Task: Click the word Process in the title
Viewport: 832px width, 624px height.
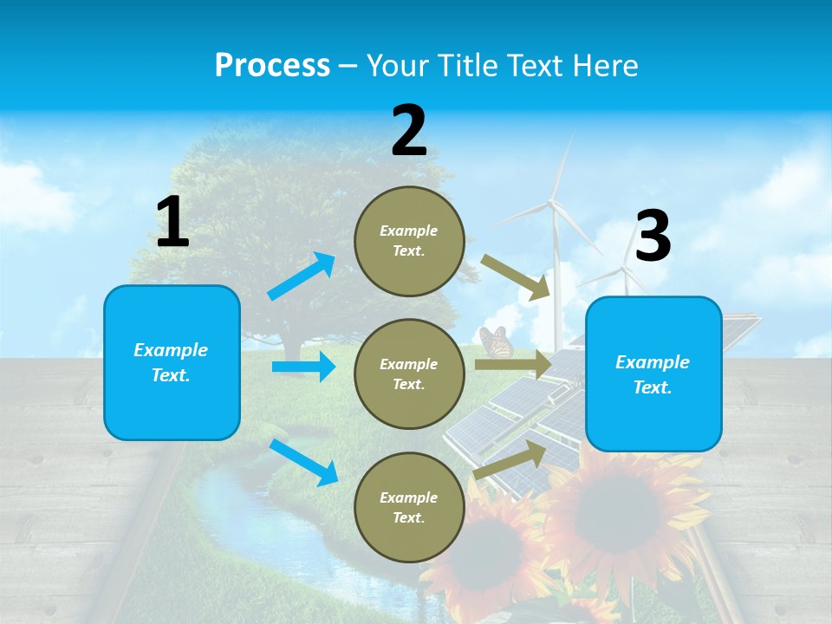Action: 272,65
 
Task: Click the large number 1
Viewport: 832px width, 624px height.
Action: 172,223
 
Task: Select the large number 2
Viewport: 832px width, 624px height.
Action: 409,132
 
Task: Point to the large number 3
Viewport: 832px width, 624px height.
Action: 653,236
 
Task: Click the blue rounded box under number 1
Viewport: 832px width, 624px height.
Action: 172,362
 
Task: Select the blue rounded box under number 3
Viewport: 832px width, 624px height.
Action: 653,374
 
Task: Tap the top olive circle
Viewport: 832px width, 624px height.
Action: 409,241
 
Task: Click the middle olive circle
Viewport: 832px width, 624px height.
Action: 409,374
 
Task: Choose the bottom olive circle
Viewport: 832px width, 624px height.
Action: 409,507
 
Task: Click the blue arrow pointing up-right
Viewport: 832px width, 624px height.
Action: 302,276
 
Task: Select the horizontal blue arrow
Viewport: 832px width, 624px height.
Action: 303,367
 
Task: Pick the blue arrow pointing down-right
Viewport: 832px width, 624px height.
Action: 303,462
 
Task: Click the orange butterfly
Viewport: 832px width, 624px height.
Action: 496,341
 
